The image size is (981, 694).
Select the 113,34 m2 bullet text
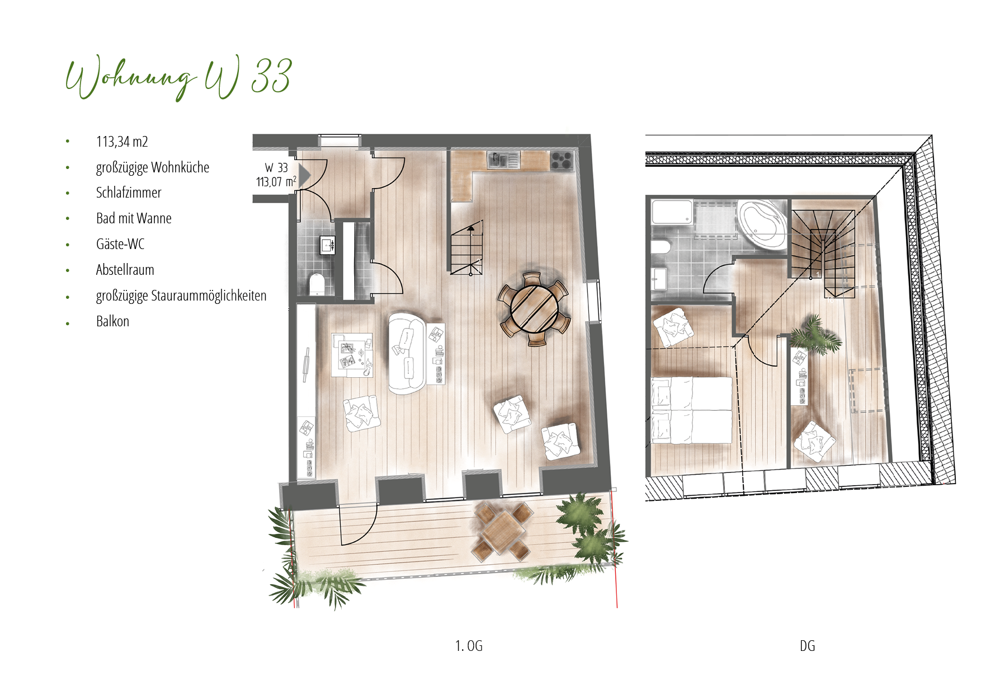click(x=122, y=142)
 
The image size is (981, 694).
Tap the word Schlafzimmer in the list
click(x=129, y=193)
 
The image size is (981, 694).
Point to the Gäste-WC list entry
click(x=120, y=244)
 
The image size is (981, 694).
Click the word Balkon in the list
click(x=112, y=321)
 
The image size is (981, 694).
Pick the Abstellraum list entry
click(x=125, y=270)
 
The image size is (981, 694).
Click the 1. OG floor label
click(x=469, y=646)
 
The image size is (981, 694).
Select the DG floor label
click(x=807, y=646)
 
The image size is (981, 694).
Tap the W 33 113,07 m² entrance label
click(x=276, y=175)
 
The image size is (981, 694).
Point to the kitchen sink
click(x=503, y=160)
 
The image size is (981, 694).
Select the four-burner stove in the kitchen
click(x=562, y=161)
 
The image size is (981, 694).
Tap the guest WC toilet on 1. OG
click(x=317, y=284)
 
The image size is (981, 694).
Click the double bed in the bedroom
click(x=692, y=410)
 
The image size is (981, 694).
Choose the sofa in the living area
click(x=407, y=354)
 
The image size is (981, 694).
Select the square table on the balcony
click(x=501, y=531)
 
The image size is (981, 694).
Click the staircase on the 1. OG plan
click(x=466, y=248)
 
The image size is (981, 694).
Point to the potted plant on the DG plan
click(x=814, y=335)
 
